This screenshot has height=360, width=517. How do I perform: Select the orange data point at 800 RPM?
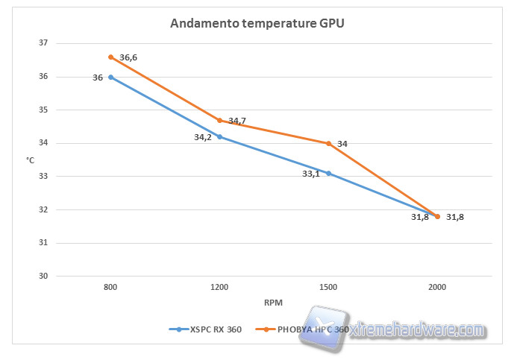click(110, 57)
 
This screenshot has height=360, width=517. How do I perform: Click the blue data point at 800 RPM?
click(110, 77)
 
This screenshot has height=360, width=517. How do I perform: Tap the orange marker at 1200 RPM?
click(219, 120)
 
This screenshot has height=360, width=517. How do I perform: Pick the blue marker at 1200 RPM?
click(219, 136)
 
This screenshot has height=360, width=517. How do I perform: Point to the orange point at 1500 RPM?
click(328, 143)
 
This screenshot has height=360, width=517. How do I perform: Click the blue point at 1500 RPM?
click(328, 173)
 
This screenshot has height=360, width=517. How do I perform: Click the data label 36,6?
click(128, 57)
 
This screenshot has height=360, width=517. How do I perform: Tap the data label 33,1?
click(312, 174)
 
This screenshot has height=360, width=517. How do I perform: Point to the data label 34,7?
click(237, 121)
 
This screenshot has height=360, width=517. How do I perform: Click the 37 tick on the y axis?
click(43, 43)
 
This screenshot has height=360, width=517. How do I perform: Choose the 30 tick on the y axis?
click(43, 276)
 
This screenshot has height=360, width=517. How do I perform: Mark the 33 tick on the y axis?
click(43, 177)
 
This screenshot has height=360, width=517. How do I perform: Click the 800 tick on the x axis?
click(110, 286)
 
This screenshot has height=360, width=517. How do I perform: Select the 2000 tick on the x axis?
click(437, 286)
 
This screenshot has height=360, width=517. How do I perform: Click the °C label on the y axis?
click(31, 160)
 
